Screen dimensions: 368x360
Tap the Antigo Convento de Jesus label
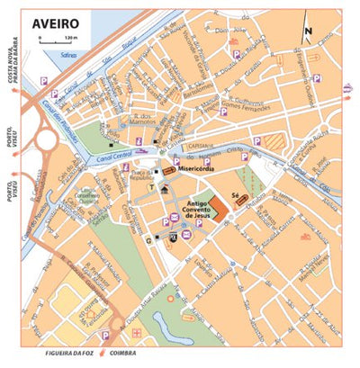(204, 209)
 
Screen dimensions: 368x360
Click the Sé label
(237, 192)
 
